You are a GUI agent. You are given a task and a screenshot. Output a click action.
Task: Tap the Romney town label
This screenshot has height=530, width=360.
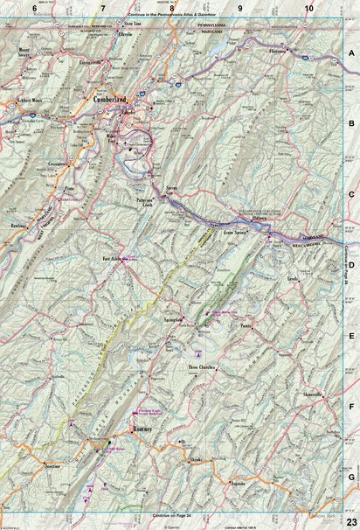click(143, 429)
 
